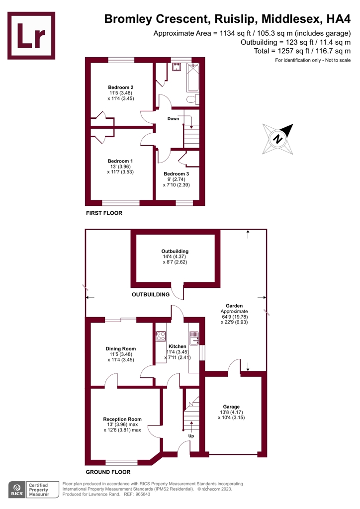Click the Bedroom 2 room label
tap(121, 87)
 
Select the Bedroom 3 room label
tap(176, 173)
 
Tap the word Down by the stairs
tap(173, 119)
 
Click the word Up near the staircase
tap(191, 436)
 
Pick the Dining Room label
tap(120, 348)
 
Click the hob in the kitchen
tap(161, 337)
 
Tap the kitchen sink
tap(194, 338)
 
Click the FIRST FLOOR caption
tap(104, 213)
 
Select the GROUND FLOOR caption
tap(108, 472)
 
